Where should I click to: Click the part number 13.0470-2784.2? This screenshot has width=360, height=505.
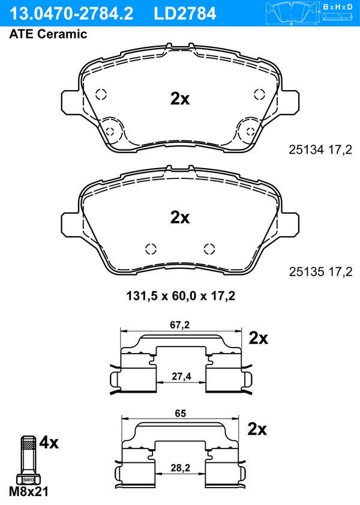pos(71,14)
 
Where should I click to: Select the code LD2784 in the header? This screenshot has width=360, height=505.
pos(185,14)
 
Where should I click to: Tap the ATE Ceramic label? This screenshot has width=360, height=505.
pos(48,34)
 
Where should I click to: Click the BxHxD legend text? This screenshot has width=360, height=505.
pos(338,7)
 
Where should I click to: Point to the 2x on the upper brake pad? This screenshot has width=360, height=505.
pos(180,98)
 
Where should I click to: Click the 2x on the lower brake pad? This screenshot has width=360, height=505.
pos(180,217)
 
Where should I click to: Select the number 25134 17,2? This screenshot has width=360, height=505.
pos(320,150)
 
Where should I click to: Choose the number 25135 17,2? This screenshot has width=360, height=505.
pos(320,272)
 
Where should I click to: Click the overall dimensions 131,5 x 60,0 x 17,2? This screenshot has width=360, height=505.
pos(181,295)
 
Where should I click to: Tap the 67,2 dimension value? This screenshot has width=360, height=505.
pos(180,325)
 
